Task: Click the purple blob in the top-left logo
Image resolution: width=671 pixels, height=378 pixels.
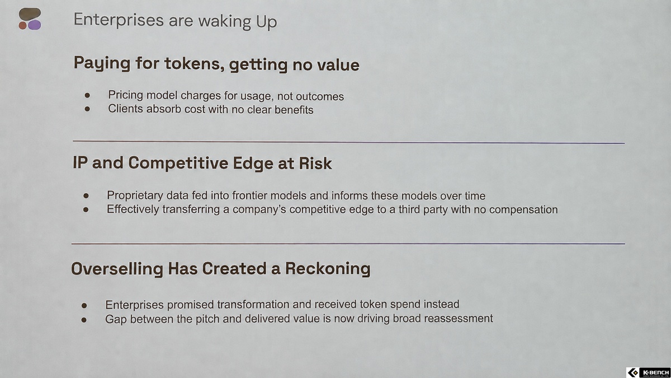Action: tap(35, 25)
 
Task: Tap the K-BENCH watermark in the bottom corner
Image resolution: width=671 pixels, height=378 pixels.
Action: tap(648, 372)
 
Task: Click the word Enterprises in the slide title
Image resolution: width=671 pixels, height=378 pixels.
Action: tap(119, 20)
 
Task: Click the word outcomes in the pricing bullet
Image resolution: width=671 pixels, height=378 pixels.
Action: tap(320, 96)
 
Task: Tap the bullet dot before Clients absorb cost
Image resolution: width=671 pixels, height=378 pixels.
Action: tap(87, 109)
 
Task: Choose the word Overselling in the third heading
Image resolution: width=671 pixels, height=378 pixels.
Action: tap(117, 268)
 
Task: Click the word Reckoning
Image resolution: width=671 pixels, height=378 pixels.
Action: tap(328, 268)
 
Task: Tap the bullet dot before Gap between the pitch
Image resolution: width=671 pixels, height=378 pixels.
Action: tap(84, 320)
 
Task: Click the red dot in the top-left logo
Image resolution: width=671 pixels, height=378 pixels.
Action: tap(22, 26)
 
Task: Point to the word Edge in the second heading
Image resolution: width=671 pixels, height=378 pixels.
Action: tap(253, 164)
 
